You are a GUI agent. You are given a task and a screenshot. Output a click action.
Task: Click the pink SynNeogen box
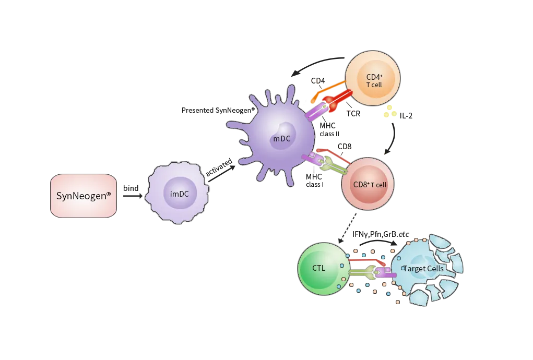tap(84, 196)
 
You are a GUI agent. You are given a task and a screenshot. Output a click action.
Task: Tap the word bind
tap(131, 188)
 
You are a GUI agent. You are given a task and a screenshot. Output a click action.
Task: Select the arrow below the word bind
tap(133, 196)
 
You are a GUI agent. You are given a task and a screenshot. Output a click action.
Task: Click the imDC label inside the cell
tap(180, 194)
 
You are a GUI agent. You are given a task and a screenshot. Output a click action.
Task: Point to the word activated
tap(219, 167)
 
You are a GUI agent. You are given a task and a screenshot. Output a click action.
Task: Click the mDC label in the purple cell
tap(282, 139)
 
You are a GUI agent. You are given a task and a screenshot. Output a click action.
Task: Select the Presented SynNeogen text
tap(218, 110)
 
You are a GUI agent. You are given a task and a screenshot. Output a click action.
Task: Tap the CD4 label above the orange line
tap(318, 81)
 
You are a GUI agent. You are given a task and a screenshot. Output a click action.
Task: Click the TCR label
tap(353, 114)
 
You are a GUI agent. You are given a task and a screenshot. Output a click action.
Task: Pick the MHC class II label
tap(329, 130)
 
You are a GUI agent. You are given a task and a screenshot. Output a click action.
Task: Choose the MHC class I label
tap(314, 181)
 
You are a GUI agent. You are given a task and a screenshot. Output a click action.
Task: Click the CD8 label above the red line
tap(345, 147)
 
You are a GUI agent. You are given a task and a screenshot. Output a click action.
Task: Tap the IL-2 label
tap(406, 116)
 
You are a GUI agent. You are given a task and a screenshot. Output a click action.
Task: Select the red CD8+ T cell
tap(368, 184)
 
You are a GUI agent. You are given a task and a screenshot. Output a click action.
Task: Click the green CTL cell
tap(324, 269)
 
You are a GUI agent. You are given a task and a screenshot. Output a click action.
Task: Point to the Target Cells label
tap(423, 269)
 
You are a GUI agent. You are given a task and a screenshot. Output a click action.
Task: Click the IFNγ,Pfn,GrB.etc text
tap(381, 234)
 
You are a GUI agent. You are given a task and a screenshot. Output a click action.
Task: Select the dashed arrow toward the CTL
tap(347, 229)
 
